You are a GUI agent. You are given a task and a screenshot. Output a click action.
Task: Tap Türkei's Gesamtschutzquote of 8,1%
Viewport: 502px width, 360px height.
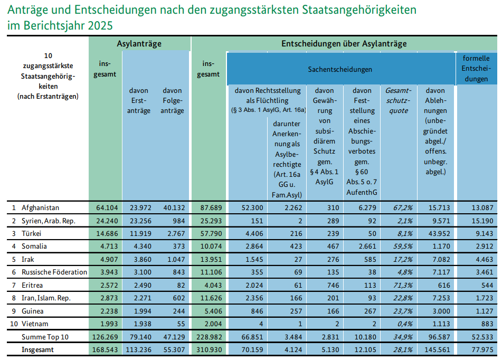(x=398, y=233)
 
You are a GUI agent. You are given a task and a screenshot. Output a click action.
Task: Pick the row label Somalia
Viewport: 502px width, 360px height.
(x=34, y=246)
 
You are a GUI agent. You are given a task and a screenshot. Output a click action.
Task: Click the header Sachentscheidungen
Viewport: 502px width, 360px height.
(x=340, y=69)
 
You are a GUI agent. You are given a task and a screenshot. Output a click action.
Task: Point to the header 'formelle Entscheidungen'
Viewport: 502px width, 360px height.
(x=476, y=68)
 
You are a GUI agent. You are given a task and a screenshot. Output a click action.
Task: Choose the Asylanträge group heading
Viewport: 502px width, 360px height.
(x=139, y=44)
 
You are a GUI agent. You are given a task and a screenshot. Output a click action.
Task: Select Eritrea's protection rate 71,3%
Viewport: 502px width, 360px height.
(x=398, y=285)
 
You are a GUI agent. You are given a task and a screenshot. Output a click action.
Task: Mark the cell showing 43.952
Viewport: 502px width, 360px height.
(x=435, y=233)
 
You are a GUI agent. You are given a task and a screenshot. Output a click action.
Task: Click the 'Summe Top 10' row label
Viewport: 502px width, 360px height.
(x=45, y=337)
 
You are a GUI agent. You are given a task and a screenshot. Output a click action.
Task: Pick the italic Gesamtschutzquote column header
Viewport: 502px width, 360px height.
(x=398, y=101)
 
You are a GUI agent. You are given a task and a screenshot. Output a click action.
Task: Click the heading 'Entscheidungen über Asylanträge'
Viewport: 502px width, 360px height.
(x=344, y=44)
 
